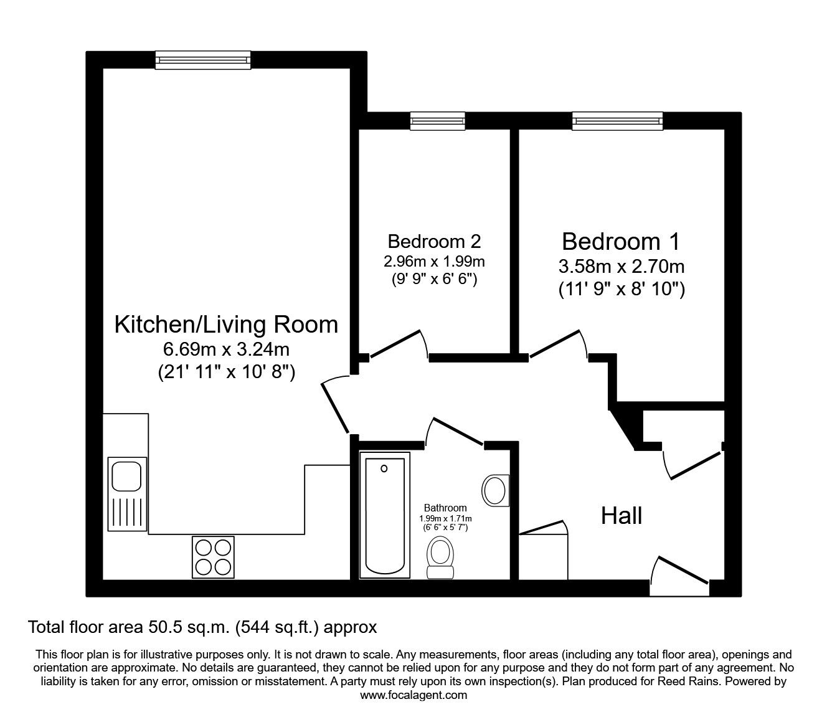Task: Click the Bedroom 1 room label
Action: pos(620,242)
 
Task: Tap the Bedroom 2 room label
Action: pos(434,242)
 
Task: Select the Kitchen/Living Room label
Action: pos(227,325)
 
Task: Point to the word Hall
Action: pos(621,516)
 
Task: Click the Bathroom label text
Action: pos(445,508)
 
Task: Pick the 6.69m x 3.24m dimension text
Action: pos(226,349)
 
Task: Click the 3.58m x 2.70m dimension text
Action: pos(621,266)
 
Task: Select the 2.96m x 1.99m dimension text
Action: pos(434,262)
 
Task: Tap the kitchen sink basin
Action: pos(126,476)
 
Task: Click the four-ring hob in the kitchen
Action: pos(213,558)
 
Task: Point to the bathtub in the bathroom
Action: pos(385,515)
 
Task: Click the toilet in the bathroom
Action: pos(440,558)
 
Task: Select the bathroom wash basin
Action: pos(496,490)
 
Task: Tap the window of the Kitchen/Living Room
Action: pos(203,60)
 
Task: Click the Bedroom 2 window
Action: pos(438,121)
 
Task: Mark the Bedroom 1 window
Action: pos(617,121)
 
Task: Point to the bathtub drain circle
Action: pos(384,468)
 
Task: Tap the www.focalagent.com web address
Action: pos(413,695)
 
